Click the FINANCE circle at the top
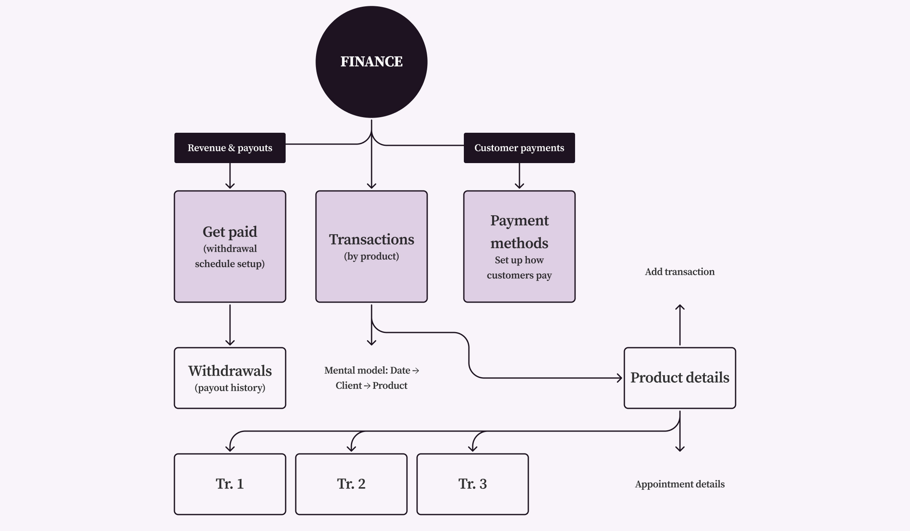(x=371, y=62)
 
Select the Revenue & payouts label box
(x=230, y=148)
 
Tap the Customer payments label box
(x=519, y=148)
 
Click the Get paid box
(x=230, y=247)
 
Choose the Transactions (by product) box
(x=371, y=247)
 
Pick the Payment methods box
(x=519, y=247)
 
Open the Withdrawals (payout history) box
(x=230, y=378)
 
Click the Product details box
(x=680, y=378)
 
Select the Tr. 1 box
(x=230, y=484)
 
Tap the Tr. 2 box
(x=351, y=484)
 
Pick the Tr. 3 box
(x=472, y=484)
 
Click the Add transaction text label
(x=680, y=272)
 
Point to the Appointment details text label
(x=680, y=484)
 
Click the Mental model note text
(x=371, y=378)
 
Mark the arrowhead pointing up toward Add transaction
(x=680, y=307)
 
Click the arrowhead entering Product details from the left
(x=620, y=378)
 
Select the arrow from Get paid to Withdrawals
(x=230, y=324)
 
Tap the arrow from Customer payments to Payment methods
(x=519, y=176)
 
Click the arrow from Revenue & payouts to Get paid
(x=230, y=176)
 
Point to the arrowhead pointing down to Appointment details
(x=680, y=449)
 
